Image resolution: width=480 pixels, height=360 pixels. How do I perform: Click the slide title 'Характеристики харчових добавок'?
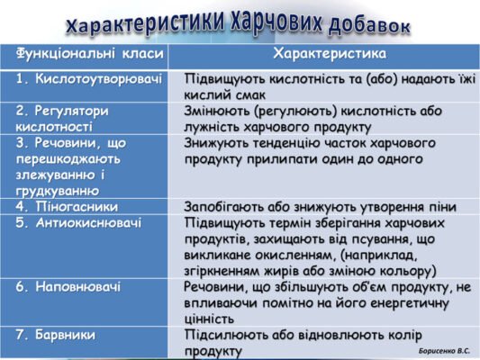tap(239, 24)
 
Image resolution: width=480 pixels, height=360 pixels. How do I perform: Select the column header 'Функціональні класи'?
tap(77, 55)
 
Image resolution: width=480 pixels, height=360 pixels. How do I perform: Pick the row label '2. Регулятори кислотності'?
tap(62, 118)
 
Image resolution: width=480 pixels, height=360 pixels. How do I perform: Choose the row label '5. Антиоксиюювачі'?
tap(78, 222)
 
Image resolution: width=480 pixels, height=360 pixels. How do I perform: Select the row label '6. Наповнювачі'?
tap(68, 286)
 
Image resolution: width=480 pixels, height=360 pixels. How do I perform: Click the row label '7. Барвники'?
tap(55, 334)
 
